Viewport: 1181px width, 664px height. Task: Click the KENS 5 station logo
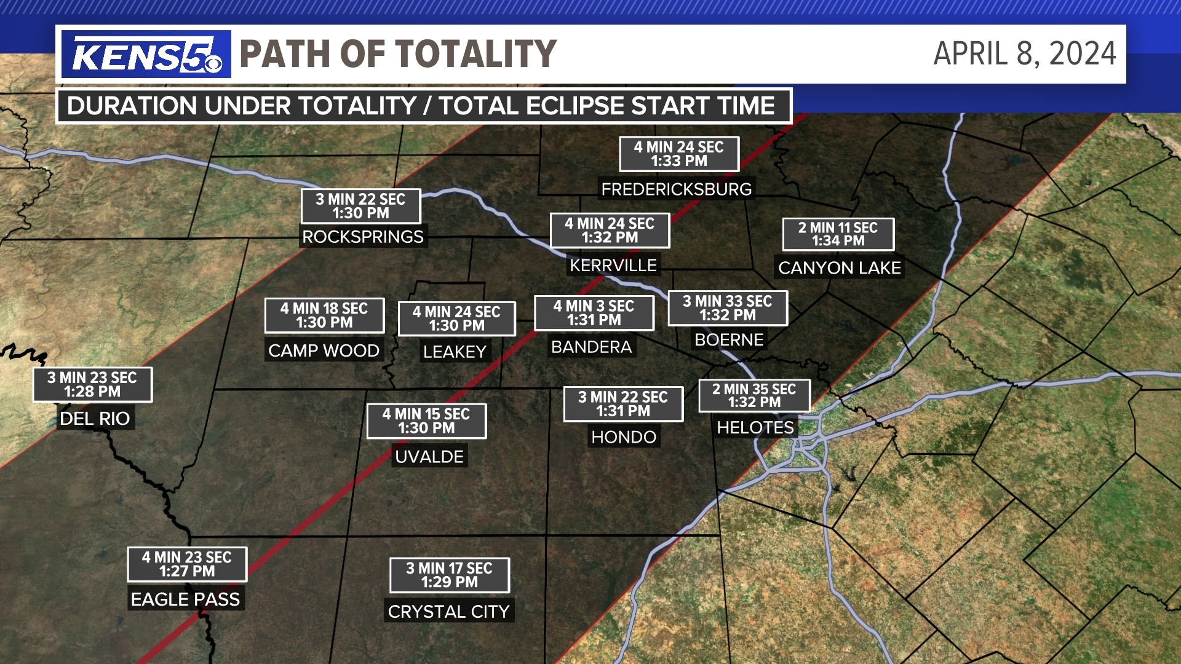tap(146, 55)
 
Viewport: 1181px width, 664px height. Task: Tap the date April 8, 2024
tap(1024, 53)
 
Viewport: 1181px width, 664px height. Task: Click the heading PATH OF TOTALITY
tap(398, 53)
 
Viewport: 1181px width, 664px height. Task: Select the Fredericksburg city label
tap(676, 189)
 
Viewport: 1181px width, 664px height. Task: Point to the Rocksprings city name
tap(363, 237)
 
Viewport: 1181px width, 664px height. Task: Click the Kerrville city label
tap(613, 266)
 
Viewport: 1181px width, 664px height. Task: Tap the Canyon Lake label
tap(839, 268)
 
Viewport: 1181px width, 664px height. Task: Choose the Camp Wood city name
tap(324, 350)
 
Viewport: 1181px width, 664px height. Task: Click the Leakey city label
tap(455, 352)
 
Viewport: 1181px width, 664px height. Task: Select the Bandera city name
tap(591, 347)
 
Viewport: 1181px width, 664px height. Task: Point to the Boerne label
tap(728, 339)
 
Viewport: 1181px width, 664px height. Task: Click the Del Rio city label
tap(95, 419)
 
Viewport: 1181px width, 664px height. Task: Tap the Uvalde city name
tap(429, 457)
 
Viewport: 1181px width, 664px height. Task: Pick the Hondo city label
tap(624, 437)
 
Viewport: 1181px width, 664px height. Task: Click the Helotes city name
tap(755, 427)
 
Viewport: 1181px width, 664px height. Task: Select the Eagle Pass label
tap(185, 599)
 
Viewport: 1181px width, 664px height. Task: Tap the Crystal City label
tap(448, 612)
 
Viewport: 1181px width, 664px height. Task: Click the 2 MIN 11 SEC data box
tap(838, 234)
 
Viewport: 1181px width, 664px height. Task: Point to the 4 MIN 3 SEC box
tap(594, 313)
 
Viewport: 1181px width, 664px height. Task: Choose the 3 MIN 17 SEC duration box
tap(449, 575)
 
